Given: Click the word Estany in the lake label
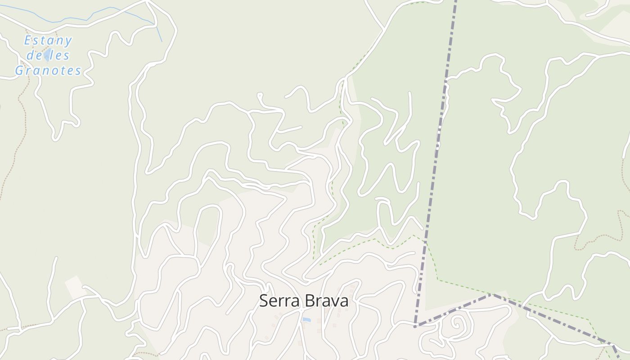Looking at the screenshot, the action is coord(48,41).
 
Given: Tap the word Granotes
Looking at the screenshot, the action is coord(48,71).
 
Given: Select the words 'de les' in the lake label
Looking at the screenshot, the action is coord(48,56).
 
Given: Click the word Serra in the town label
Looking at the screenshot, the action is coord(278,301).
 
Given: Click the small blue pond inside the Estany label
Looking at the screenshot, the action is coord(47,56).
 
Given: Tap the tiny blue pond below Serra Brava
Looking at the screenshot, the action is coord(306,320).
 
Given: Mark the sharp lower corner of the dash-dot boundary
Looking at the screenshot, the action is coord(415,325).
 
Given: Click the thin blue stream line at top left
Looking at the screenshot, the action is coord(67,19).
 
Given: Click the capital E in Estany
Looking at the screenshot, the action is coord(27,41).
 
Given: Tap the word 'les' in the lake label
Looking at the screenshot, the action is coord(59,56).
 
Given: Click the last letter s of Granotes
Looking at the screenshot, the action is coord(78,71).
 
